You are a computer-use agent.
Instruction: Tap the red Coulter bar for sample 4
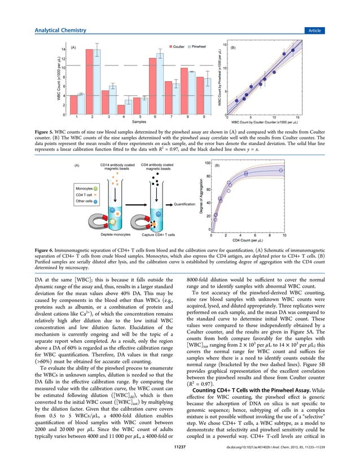point(121,109)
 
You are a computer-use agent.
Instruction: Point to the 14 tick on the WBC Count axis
point(64,50)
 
